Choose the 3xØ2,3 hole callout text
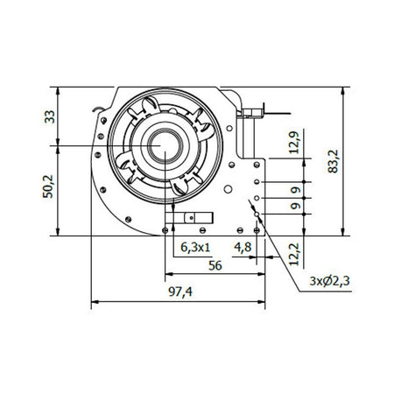click(x=332, y=281)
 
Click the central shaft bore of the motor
click(x=164, y=144)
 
